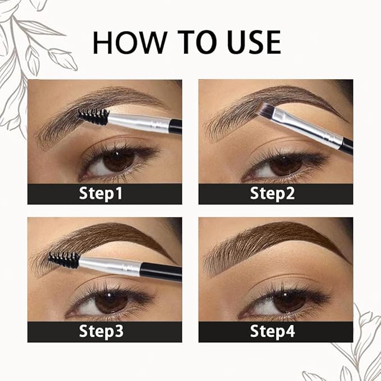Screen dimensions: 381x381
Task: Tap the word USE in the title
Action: coord(249,43)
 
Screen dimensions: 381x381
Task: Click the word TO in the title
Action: coord(186,43)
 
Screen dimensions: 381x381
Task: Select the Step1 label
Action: coord(104,194)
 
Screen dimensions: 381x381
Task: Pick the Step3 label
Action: coord(104,331)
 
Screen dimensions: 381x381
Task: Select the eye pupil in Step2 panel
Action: coord(284,162)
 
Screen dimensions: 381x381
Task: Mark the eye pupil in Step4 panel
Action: coord(288,300)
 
